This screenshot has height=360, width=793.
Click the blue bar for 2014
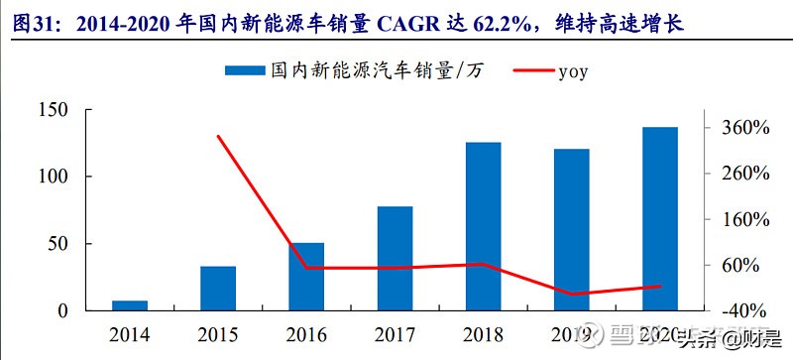pyautogui.click(x=130, y=305)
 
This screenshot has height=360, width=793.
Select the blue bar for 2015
pyautogui.click(x=218, y=288)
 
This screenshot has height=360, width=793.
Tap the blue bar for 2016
pyautogui.click(x=306, y=277)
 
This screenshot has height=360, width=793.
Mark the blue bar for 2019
pyautogui.click(x=571, y=229)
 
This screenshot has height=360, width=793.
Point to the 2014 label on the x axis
pyautogui.click(x=130, y=334)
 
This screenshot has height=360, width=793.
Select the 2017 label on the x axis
pyautogui.click(x=395, y=334)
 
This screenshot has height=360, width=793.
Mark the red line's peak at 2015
pyautogui.click(x=218, y=136)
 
